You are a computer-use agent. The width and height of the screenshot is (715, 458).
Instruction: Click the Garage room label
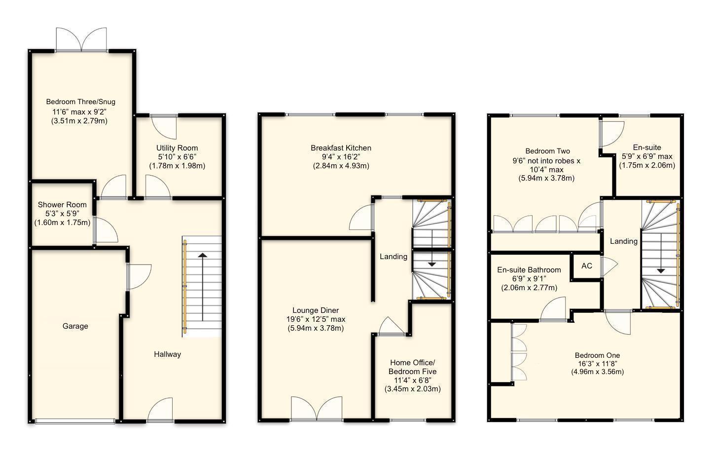pos(75,326)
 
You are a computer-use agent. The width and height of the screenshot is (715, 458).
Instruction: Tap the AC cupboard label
pos(586,266)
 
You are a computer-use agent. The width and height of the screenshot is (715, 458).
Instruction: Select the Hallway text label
pos(167,354)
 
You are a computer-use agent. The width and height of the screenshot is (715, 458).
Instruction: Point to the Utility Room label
pos(177,148)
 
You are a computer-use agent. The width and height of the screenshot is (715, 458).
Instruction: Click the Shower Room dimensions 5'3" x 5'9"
pos(62,214)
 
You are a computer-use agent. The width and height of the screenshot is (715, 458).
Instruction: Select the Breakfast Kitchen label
pos(341,148)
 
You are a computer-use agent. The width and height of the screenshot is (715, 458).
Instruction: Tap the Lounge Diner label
pos(316,310)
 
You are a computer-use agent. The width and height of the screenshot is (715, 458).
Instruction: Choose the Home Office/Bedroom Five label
pos(412,367)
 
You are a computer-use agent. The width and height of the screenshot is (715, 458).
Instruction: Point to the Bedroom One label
pos(597,355)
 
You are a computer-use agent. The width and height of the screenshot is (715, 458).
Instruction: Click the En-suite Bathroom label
pos(529,270)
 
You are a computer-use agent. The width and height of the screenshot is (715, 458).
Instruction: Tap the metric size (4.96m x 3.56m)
pos(597,372)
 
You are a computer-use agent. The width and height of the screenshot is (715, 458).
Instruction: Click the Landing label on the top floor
pos(623,241)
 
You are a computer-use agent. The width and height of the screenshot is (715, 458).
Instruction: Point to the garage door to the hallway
pos(138,276)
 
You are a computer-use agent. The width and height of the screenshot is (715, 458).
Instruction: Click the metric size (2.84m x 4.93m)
pos(341,166)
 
